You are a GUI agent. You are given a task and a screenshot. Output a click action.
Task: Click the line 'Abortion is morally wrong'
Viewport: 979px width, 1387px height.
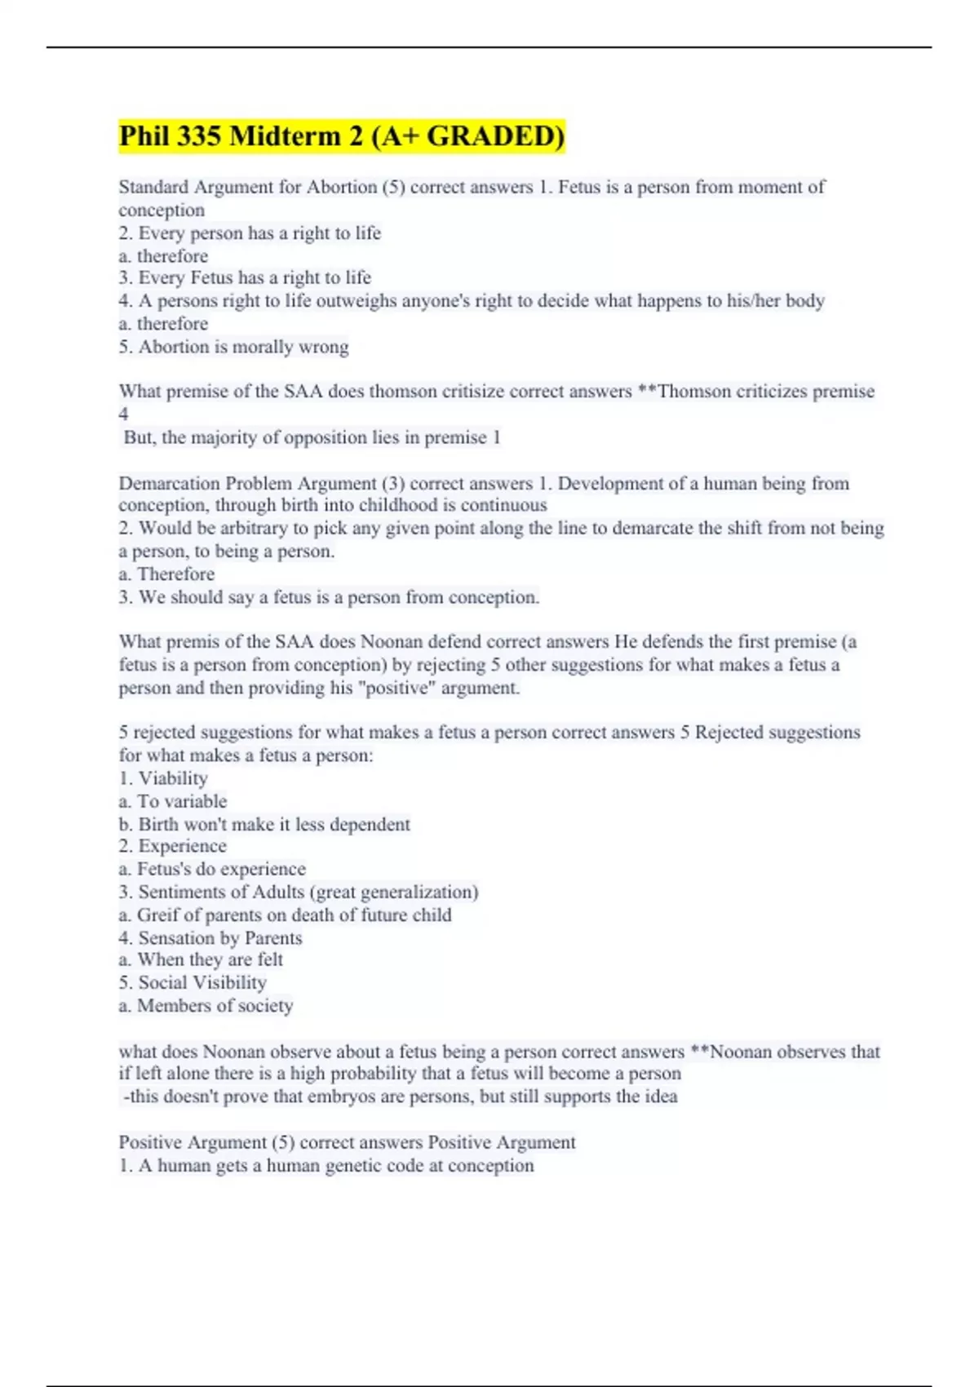(243, 347)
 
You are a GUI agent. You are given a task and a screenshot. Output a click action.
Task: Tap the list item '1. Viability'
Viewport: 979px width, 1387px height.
(163, 778)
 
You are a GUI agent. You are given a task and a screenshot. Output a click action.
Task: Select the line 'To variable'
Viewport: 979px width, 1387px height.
(173, 801)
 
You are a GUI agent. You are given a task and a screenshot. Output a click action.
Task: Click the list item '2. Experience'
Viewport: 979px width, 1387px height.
(173, 846)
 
